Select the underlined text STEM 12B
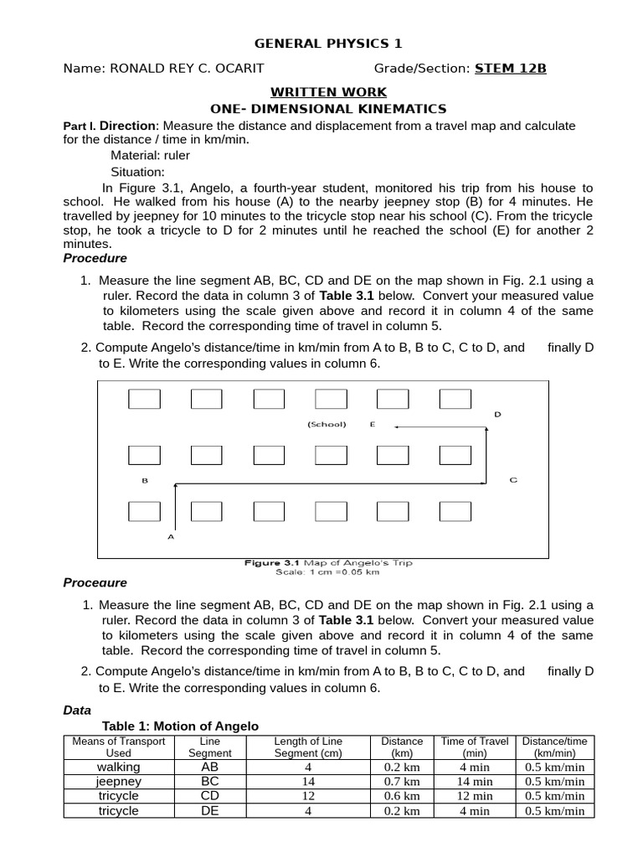click(511, 69)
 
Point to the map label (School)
click(327, 425)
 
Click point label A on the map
click(171, 536)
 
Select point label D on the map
click(497, 414)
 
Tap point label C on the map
click(513, 480)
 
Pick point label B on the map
click(145, 481)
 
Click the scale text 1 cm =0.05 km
click(327, 573)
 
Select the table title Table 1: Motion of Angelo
click(180, 726)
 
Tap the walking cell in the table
click(119, 767)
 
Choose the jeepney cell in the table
click(119, 782)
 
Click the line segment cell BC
click(209, 782)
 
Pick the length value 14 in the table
click(308, 782)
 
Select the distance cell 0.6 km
click(402, 797)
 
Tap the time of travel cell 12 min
click(475, 797)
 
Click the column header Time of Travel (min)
click(475, 747)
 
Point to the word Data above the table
click(77, 710)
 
